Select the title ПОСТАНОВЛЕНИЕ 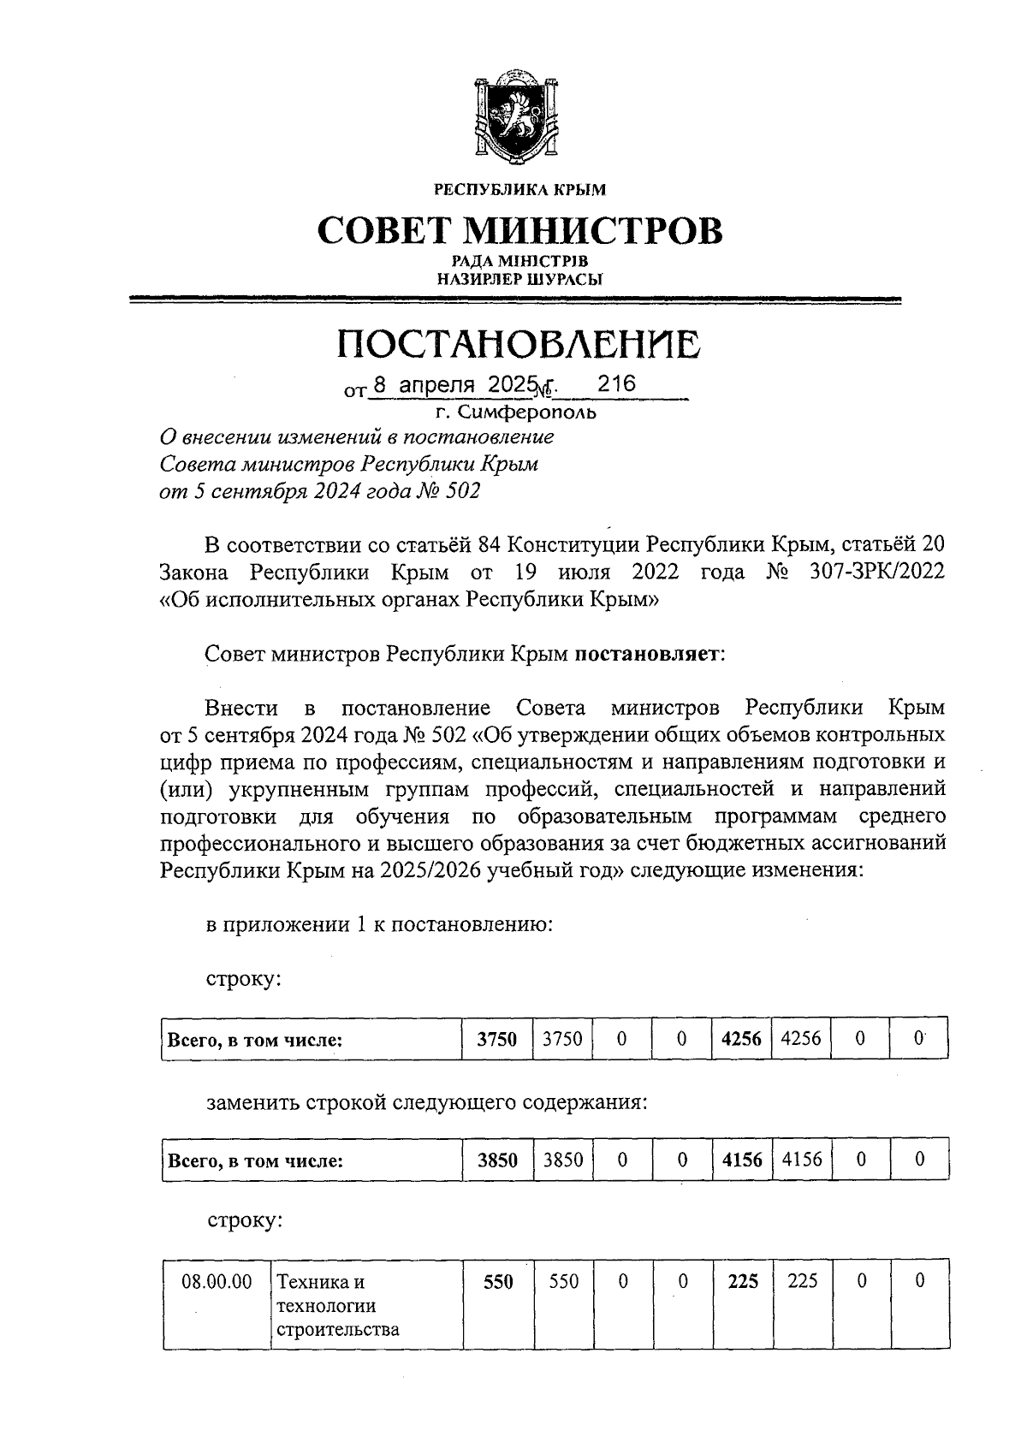pos(518,343)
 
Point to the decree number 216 pos(616,384)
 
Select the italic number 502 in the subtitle pos(462,491)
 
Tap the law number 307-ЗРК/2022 pos(876,572)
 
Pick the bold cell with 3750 pos(497,1040)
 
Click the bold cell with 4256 pos(741,1040)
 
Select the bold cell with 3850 pos(497,1160)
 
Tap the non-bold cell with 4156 pos(802,1160)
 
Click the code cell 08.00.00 pos(217,1282)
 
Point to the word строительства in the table pos(337,1330)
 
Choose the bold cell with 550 pos(497,1282)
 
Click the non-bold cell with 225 pos(802,1281)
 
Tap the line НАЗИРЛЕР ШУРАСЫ pos(519,278)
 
